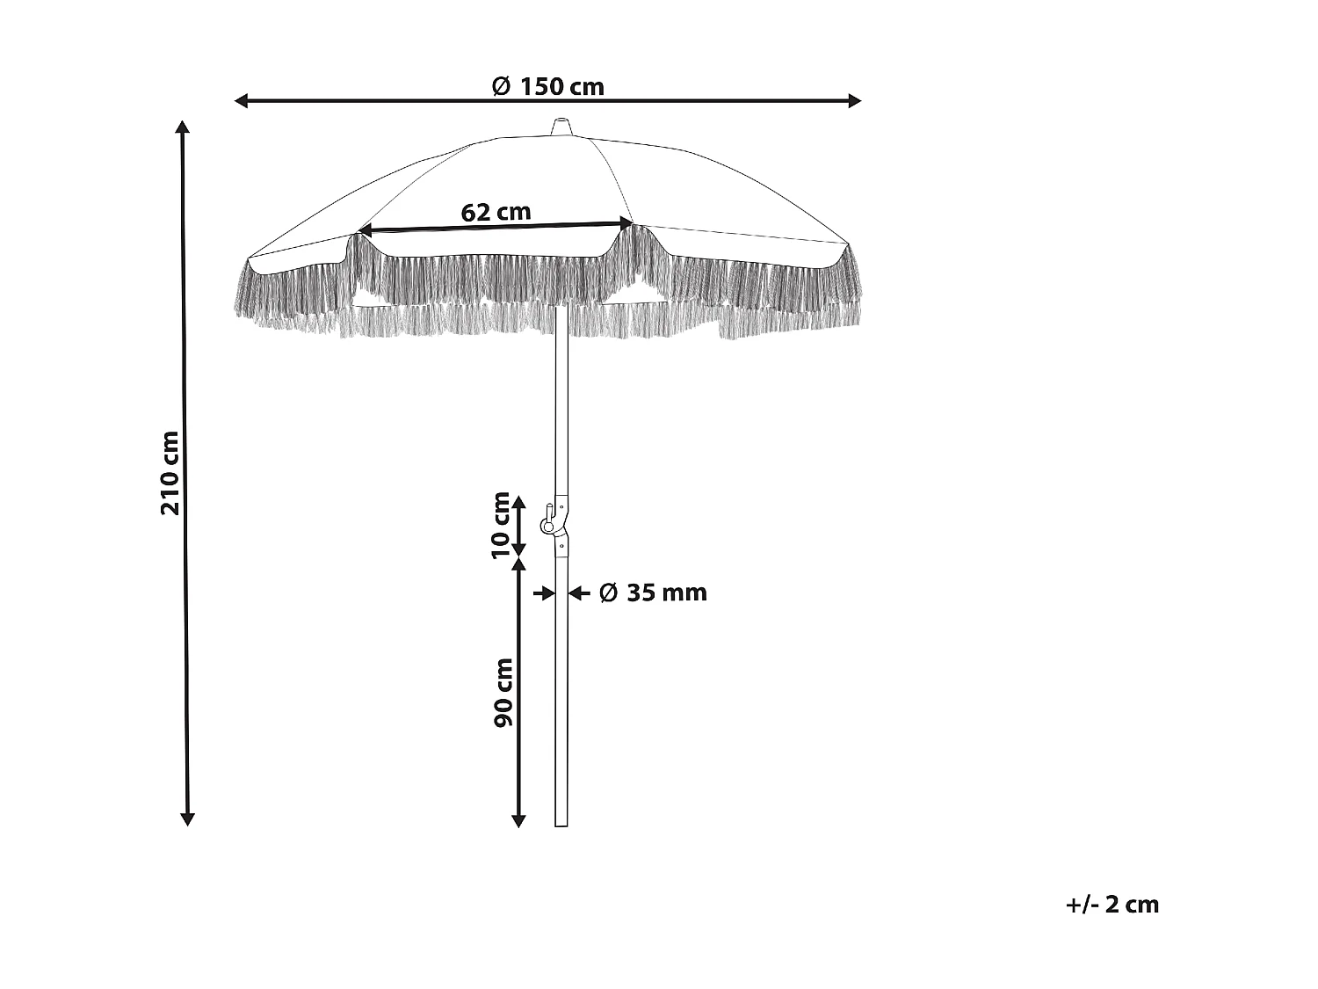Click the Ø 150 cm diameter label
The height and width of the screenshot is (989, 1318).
coord(547,86)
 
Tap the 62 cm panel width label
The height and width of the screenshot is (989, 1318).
coord(496,212)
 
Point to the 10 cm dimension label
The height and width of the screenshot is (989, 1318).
coord(501,525)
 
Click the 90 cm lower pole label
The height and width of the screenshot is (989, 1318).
coord(503,692)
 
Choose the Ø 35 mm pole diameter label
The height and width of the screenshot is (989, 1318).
coord(653,593)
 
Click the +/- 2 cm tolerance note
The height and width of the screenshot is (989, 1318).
coord(1112,905)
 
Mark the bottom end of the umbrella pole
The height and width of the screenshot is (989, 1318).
coord(561,824)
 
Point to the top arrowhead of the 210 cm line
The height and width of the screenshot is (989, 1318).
coord(183,126)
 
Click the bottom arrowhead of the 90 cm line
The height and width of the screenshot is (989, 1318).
coord(518,821)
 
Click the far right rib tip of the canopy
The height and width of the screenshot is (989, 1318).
coord(849,244)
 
